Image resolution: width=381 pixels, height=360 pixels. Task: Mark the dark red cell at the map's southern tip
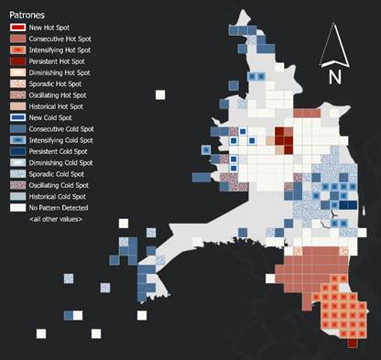pyautogui.click(x=352, y=343)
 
